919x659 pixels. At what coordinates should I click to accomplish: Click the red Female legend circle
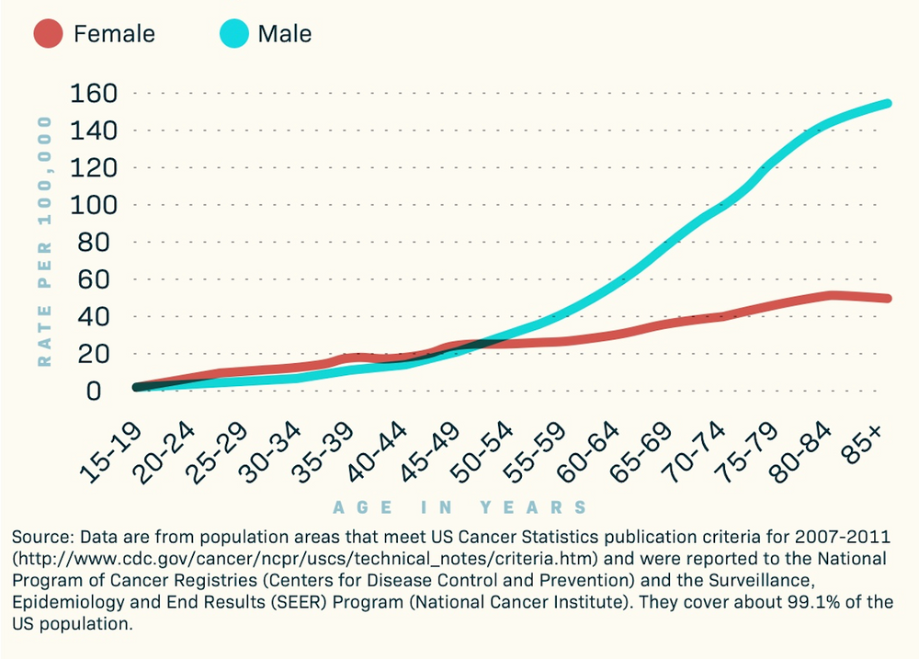point(49,35)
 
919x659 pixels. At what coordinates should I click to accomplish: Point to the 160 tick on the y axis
point(89,94)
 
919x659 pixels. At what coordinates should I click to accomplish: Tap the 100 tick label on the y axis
point(89,205)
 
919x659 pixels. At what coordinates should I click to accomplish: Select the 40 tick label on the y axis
point(96,316)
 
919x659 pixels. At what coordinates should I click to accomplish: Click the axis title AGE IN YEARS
point(459,507)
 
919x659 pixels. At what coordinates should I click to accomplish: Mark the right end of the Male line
point(889,103)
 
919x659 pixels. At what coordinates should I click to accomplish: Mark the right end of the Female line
point(889,298)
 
